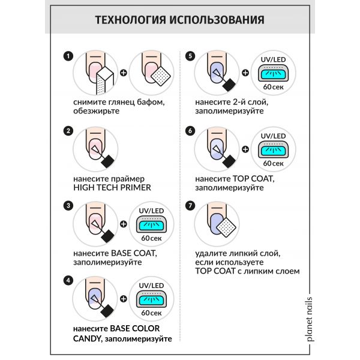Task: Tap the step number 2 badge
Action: pos(68,131)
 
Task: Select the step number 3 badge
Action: pos(68,206)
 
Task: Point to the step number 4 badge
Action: pos(68,280)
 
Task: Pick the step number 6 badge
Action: pos(191,131)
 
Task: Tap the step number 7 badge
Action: pos(191,206)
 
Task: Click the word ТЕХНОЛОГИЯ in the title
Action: pos(131,20)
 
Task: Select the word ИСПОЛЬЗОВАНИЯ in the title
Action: pos(218,20)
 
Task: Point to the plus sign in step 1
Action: pos(124,74)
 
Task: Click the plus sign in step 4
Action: pos(124,299)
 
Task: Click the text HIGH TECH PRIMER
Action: pos(111,187)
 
